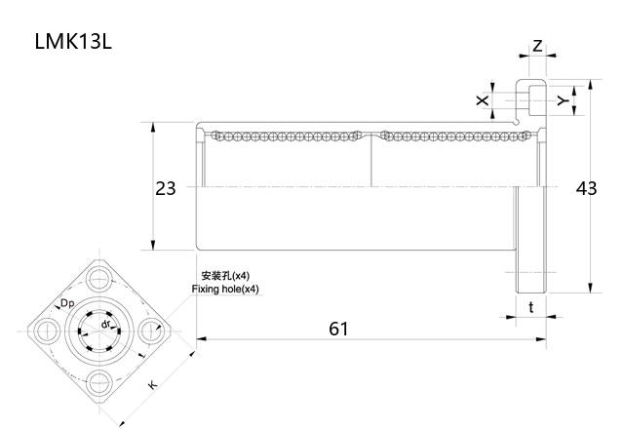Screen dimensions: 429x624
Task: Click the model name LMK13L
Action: pos(73,43)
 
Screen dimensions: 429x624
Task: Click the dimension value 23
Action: pos(166,188)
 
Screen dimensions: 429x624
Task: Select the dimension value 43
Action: pos(586,188)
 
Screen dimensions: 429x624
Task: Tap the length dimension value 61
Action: pos(337,329)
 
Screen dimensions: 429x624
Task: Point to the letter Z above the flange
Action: pos(537,47)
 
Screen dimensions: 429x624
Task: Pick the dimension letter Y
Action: pos(562,100)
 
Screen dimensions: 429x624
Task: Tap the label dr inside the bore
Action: pos(105,323)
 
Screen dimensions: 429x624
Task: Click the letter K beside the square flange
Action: pos(152,386)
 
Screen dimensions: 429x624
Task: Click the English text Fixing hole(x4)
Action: pos(226,290)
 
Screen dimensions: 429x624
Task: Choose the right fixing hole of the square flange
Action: pos(151,331)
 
